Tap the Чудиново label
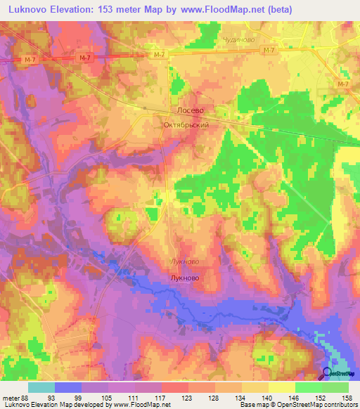tap(238, 40)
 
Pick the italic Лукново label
tap(185, 261)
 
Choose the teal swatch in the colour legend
tap(41, 387)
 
